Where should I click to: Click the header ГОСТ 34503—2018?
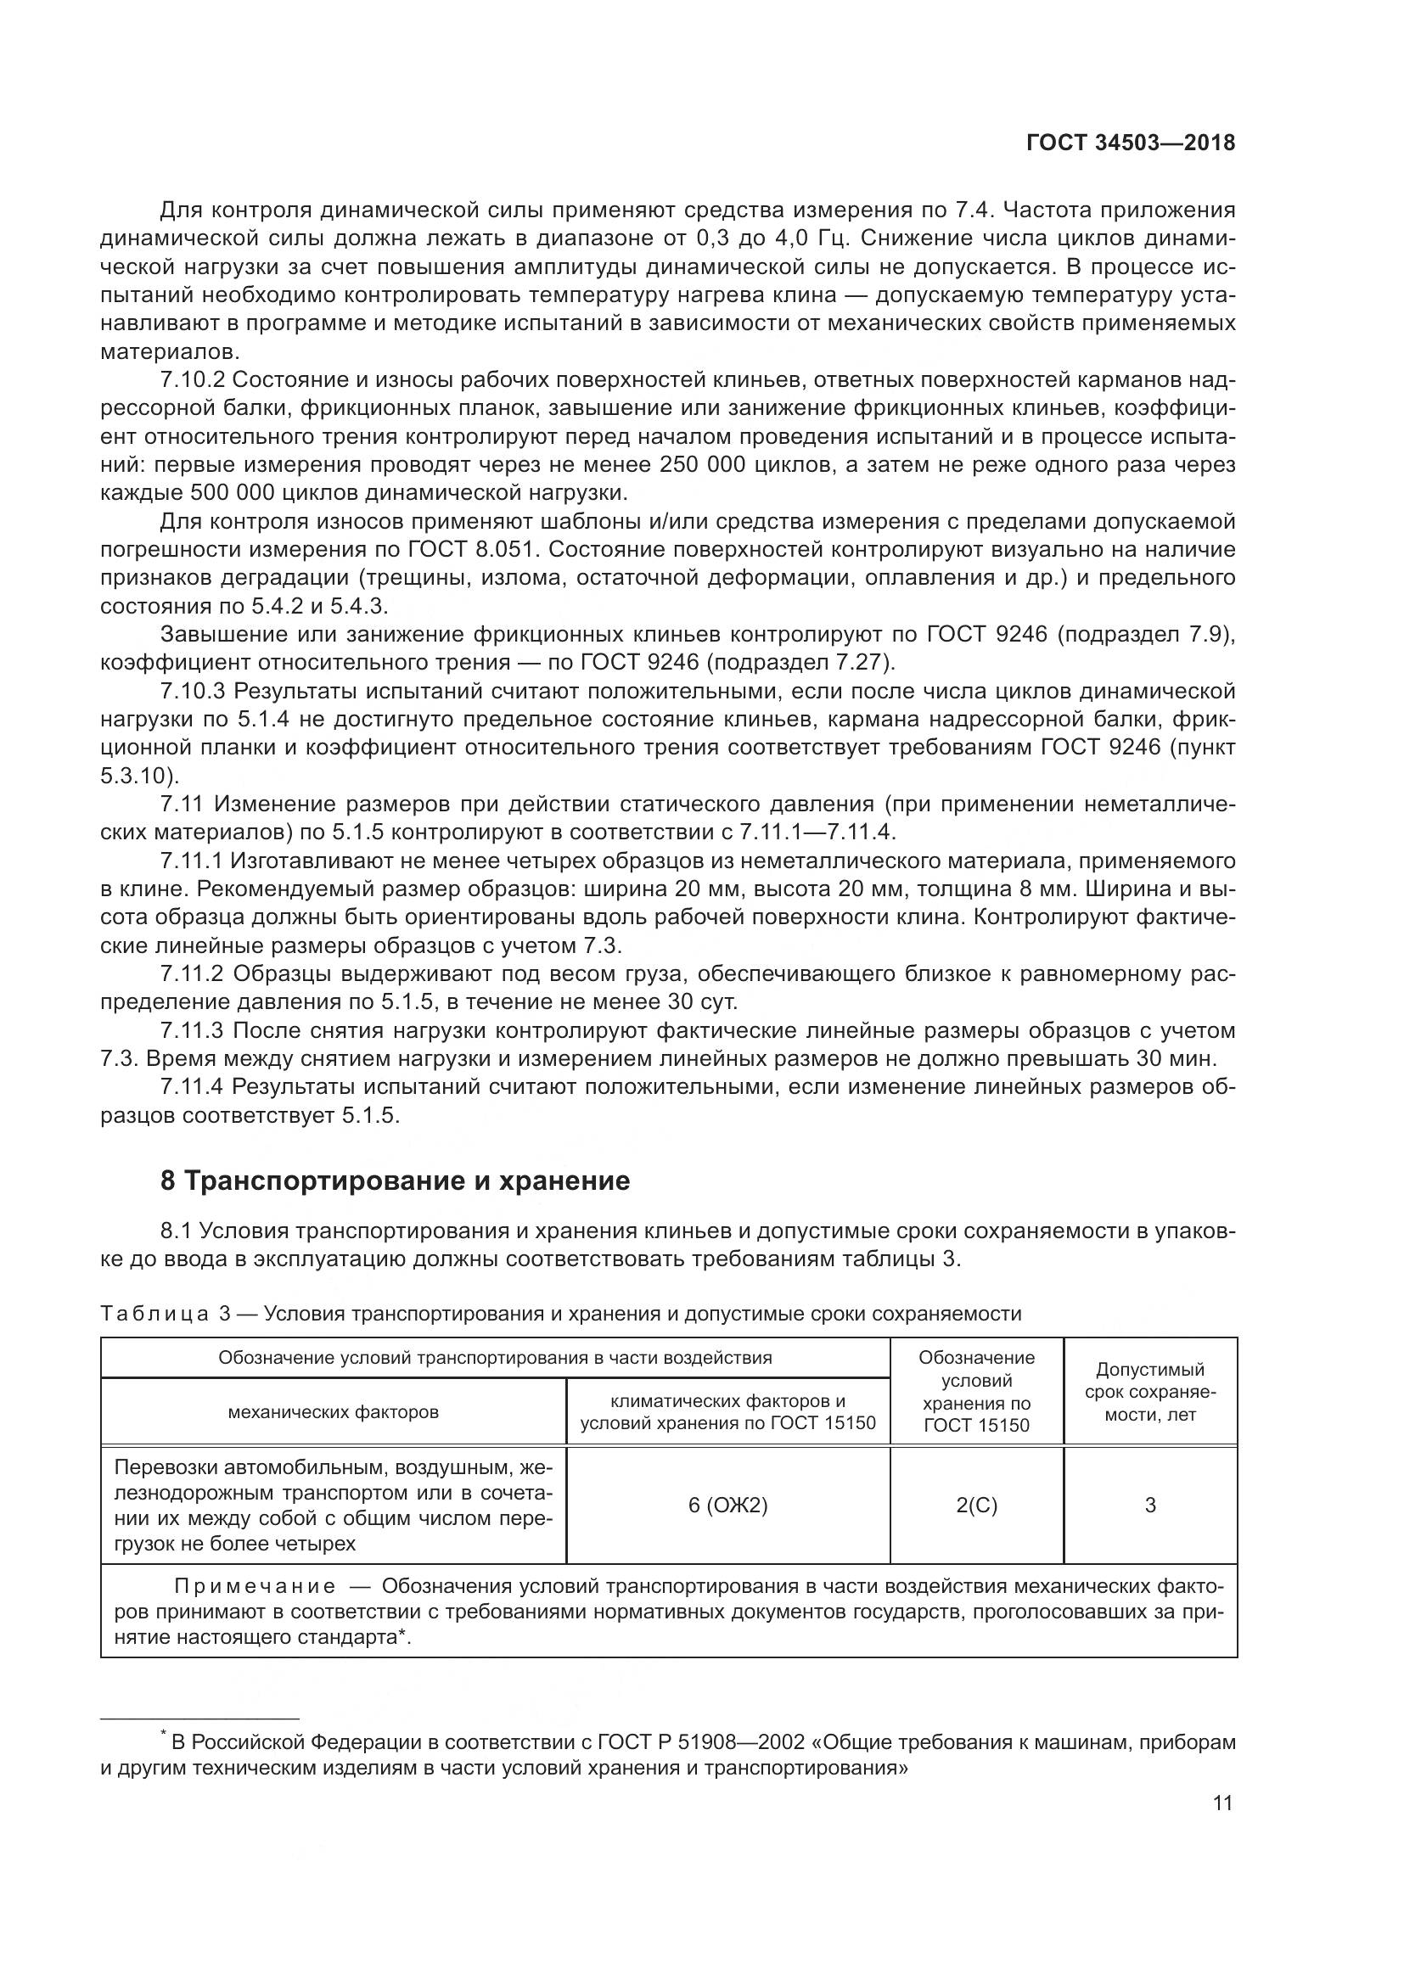click(1130, 143)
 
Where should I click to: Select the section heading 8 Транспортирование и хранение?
click(395, 1181)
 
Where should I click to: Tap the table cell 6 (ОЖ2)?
click(728, 1506)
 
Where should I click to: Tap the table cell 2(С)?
click(977, 1506)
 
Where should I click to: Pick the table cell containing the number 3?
click(1150, 1506)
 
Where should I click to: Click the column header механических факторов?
click(333, 1412)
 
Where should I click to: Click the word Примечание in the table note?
click(255, 1586)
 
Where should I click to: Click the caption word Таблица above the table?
click(154, 1314)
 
